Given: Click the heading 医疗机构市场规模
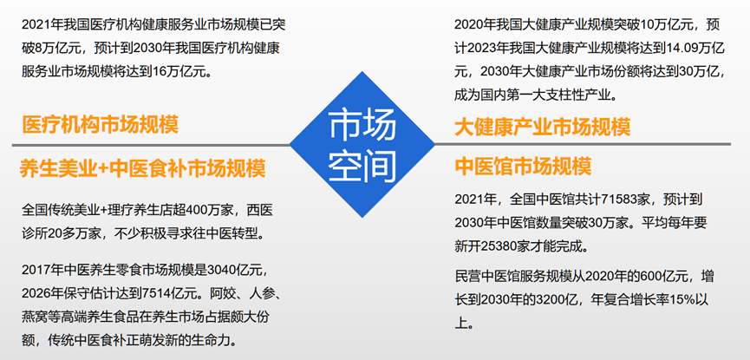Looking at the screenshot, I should click(100, 125).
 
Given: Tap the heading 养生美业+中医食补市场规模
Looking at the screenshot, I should click(142, 168).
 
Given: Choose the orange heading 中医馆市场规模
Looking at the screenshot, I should click(523, 166).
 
